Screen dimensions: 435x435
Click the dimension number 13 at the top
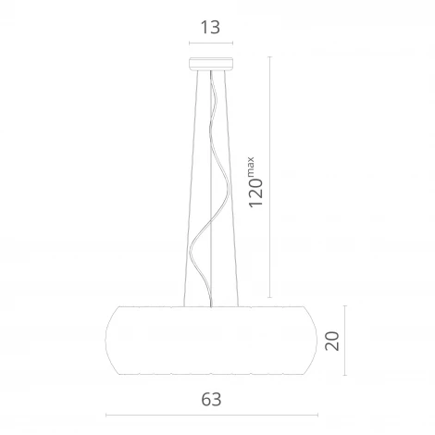pyautogui.click(x=210, y=27)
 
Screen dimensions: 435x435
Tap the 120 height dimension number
pyautogui.click(x=255, y=193)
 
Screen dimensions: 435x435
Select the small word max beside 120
pyautogui.click(x=250, y=167)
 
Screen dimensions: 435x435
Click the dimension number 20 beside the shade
pyautogui.click(x=332, y=341)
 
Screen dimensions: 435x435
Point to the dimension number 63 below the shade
pyautogui.click(x=211, y=400)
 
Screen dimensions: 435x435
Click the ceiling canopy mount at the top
pyautogui.click(x=211, y=63)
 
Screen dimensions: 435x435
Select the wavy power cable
pyautogui.click(x=210, y=188)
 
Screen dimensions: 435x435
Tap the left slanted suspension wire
pyautogui.click(x=191, y=188)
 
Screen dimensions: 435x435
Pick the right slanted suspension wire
pyautogui.click(x=231, y=188)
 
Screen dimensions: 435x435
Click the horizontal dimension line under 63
pyautogui.click(x=212, y=416)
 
